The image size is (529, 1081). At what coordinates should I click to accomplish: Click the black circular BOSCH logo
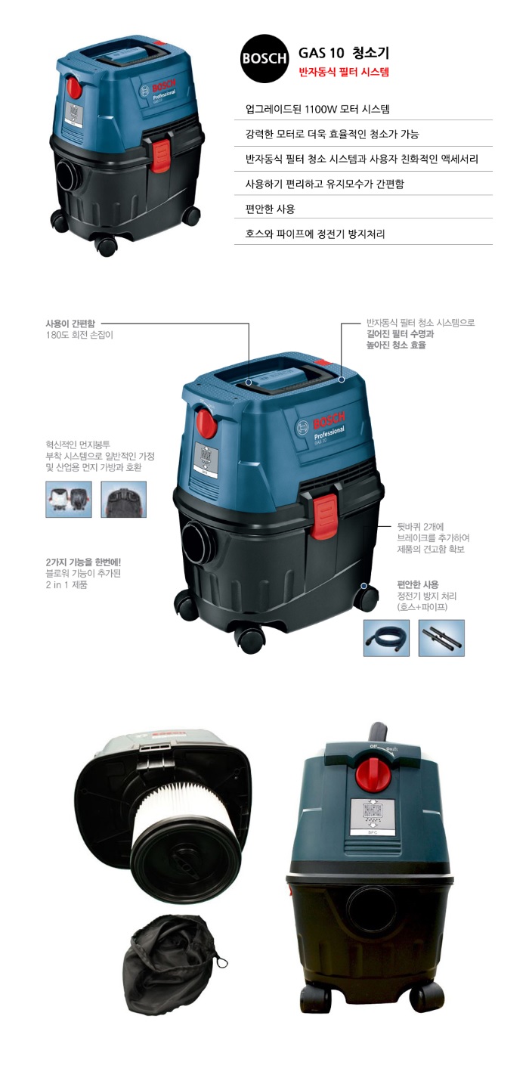[x=264, y=58]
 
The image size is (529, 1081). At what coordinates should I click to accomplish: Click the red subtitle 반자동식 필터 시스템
[x=343, y=73]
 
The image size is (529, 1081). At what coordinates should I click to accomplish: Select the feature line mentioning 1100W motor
[x=317, y=109]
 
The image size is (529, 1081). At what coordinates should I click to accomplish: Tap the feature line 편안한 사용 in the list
[x=270, y=209]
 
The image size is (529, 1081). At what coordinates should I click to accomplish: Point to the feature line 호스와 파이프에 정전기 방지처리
[x=315, y=234]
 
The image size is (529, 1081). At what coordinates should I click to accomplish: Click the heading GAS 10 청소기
[x=343, y=52]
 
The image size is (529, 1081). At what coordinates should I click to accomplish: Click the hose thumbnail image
[x=386, y=638]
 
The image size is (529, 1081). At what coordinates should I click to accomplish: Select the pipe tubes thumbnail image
[x=441, y=638]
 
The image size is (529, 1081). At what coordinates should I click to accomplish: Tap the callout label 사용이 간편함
[x=70, y=324]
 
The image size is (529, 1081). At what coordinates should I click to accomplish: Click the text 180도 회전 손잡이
[x=79, y=335]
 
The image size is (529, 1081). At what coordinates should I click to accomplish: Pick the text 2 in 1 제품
[x=67, y=585]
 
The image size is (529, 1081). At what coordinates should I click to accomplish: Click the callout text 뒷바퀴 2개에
[x=420, y=527]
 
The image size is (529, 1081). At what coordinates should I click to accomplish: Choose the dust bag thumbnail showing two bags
[x=69, y=500]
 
